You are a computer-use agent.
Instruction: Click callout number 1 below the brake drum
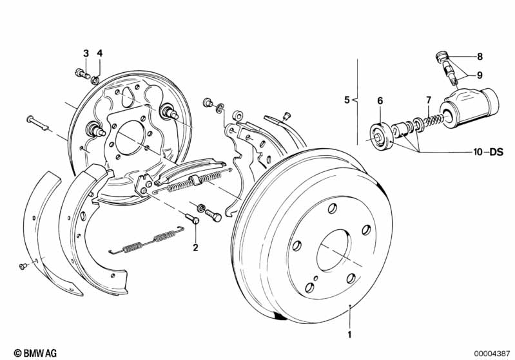[349, 335]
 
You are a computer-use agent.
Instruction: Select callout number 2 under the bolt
[195, 246]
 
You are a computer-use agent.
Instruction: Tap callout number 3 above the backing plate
[85, 53]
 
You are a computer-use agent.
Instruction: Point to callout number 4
[99, 53]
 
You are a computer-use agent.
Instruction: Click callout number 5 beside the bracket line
[347, 100]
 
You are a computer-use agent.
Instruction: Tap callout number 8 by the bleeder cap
[480, 56]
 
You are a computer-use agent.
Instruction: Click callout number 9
[480, 75]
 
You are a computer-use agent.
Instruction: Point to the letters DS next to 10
[496, 152]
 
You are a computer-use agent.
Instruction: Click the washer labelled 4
[95, 80]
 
